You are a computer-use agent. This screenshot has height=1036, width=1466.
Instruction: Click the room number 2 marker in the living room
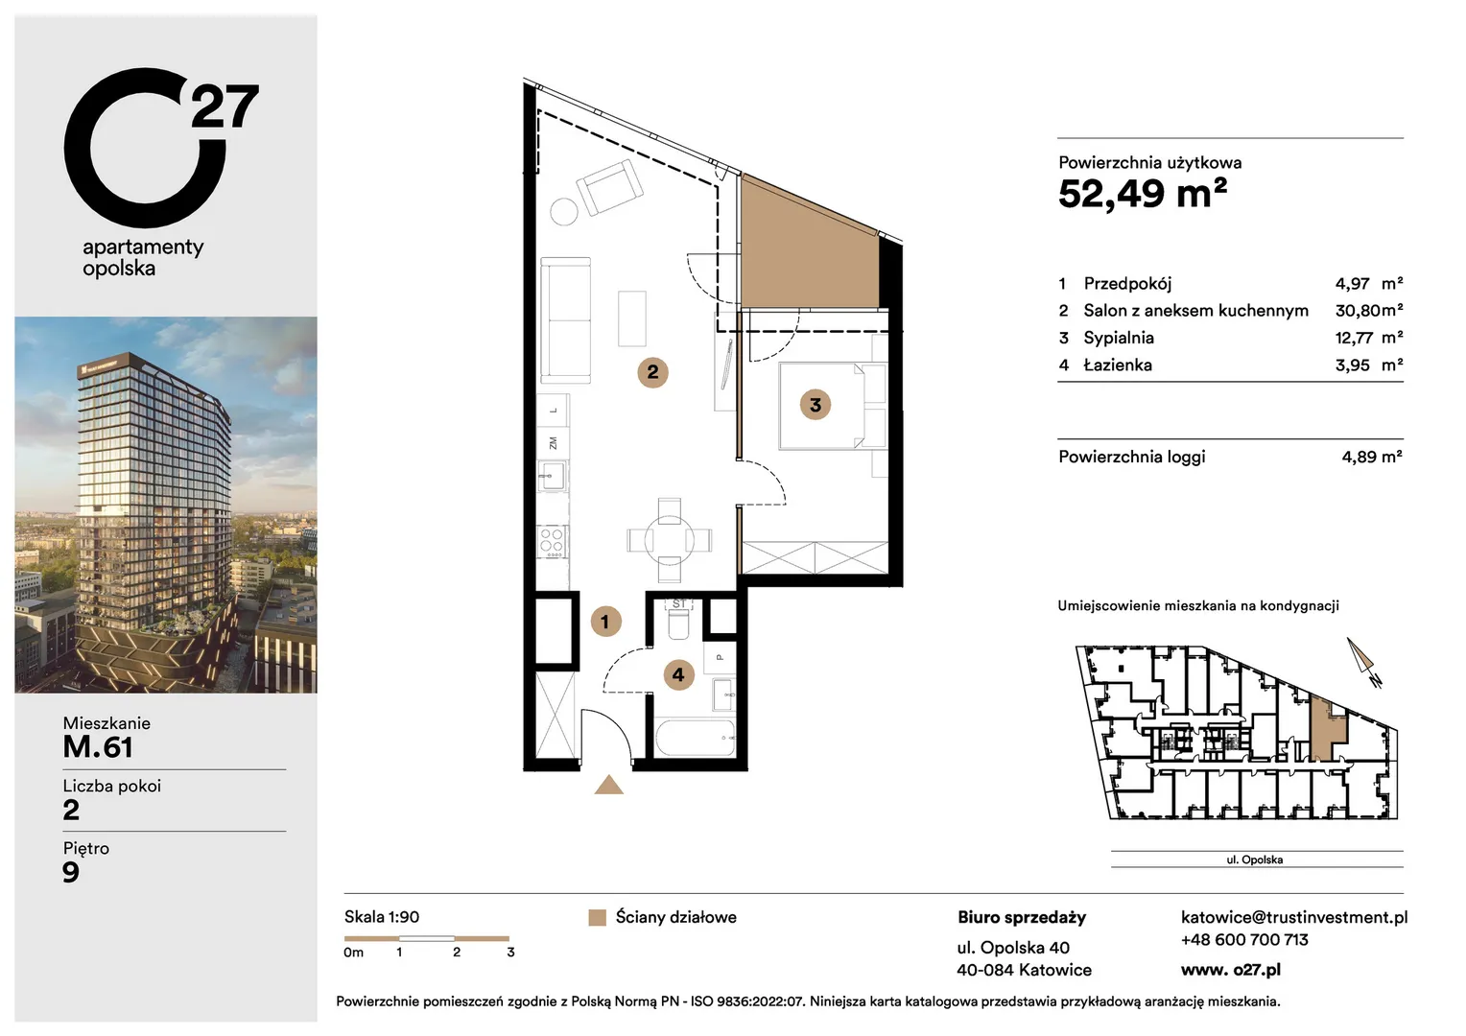(x=652, y=372)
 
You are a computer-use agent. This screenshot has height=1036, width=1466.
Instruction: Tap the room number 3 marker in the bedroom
(x=816, y=405)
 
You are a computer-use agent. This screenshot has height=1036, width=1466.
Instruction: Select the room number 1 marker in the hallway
(x=605, y=621)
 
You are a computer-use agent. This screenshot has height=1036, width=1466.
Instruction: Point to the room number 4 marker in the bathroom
(x=678, y=674)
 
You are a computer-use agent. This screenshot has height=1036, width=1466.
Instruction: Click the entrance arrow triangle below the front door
(x=608, y=786)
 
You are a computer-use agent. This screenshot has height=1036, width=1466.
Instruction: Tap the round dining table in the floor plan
(x=670, y=541)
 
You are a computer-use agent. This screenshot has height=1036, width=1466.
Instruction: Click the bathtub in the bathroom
(x=695, y=738)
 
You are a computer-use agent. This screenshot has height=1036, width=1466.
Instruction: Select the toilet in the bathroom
(x=678, y=621)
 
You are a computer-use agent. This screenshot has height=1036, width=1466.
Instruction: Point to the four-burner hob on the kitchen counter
(x=552, y=541)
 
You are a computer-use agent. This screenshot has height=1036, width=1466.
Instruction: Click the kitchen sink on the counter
(x=552, y=476)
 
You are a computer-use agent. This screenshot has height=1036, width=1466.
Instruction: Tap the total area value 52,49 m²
(x=1143, y=194)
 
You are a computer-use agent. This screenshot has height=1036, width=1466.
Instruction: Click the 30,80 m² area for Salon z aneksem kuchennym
(x=1369, y=310)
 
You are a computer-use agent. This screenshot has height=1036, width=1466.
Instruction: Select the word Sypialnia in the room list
(x=1119, y=338)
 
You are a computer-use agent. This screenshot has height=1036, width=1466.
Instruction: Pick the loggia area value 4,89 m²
(x=1372, y=457)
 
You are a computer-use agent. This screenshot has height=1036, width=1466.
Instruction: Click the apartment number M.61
(x=98, y=747)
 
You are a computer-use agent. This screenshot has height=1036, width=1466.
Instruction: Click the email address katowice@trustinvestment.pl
(x=1294, y=918)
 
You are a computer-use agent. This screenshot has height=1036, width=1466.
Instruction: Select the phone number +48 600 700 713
(x=1244, y=940)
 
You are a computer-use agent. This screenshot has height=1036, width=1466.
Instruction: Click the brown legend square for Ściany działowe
(x=597, y=918)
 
